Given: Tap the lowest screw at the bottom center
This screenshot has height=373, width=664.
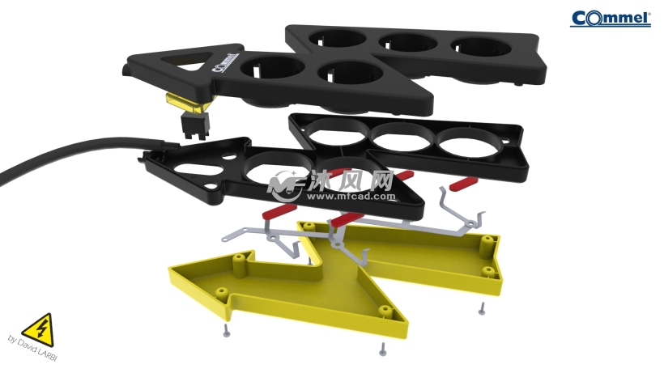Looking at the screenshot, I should coord(381,350).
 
